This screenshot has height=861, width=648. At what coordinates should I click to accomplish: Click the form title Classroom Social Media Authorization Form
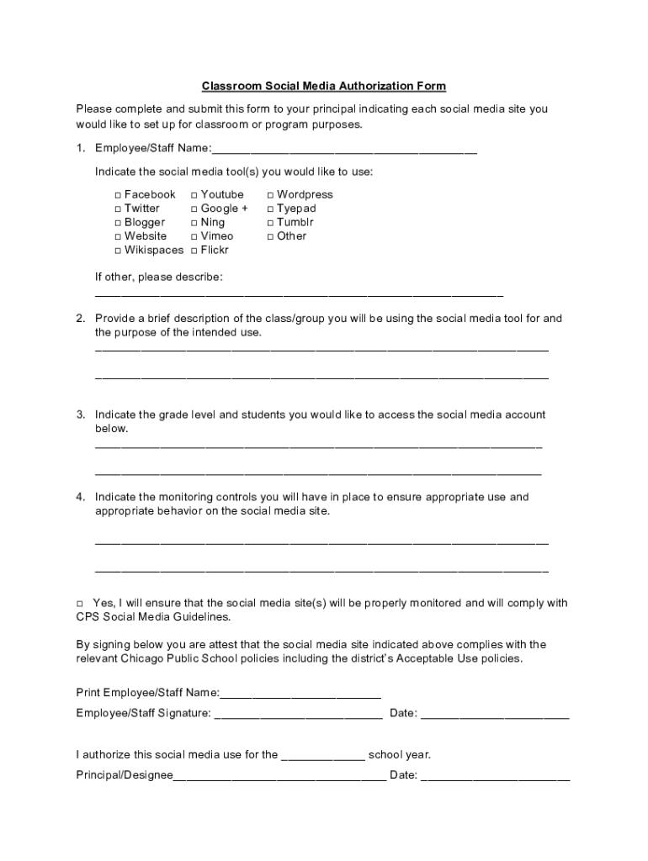coord(323,86)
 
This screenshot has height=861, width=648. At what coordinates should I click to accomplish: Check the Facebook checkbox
coord(118,195)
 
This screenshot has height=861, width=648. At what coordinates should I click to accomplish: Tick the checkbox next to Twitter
coord(118,209)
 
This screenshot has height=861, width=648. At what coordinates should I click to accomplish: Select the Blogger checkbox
coord(118,223)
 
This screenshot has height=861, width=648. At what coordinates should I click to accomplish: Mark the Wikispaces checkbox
coord(118,251)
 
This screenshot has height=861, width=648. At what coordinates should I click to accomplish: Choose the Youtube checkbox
coord(194,195)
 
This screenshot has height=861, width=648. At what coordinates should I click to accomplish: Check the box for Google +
coord(194,209)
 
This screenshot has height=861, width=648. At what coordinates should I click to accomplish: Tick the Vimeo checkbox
coord(194,236)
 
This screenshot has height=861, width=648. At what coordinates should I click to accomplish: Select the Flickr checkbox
coord(194,251)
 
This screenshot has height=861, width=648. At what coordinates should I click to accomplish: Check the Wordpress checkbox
coord(270,195)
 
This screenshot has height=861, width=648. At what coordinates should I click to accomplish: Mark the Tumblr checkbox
coord(270,223)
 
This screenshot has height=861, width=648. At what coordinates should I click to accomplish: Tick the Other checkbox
coord(270,236)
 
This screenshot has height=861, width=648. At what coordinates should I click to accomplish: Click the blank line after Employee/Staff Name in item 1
coord(344,151)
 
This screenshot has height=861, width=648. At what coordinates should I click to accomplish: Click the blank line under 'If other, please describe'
coord(299,295)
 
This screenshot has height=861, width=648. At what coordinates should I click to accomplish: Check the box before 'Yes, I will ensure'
coord(80,604)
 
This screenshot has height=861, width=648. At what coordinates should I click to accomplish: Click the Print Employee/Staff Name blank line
coord(300,695)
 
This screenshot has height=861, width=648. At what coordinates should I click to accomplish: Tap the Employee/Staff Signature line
coord(299,716)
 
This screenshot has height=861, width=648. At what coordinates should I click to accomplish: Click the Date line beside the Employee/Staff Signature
coord(495,716)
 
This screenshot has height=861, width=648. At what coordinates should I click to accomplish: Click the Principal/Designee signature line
coord(279,778)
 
